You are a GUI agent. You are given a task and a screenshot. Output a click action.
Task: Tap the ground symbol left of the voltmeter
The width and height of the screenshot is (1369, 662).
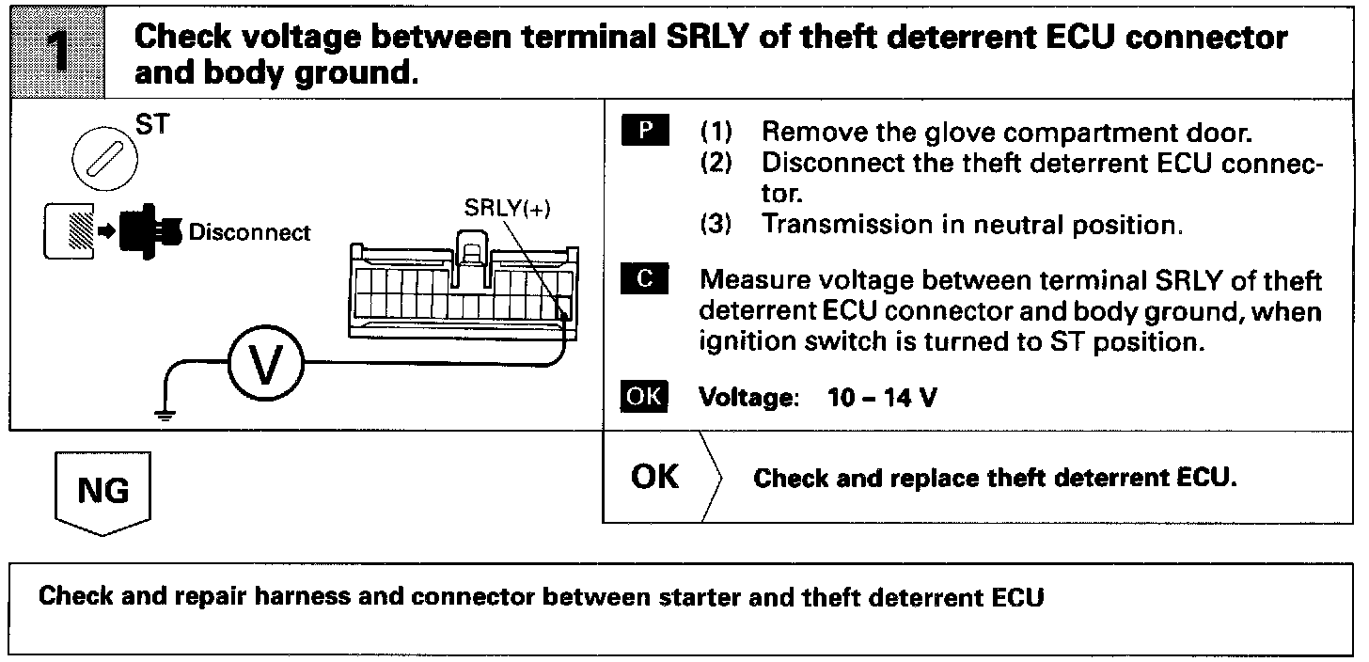pyautogui.click(x=165, y=415)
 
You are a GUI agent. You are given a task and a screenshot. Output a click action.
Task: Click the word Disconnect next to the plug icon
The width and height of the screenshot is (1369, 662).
pyautogui.click(x=249, y=231)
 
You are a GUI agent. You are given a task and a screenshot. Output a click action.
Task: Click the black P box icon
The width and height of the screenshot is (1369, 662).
pyautogui.click(x=644, y=130)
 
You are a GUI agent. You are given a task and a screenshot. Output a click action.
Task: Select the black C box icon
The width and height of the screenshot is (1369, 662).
pyautogui.click(x=644, y=281)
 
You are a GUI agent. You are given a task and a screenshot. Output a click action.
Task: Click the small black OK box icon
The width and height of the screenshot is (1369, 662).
pyautogui.click(x=644, y=397)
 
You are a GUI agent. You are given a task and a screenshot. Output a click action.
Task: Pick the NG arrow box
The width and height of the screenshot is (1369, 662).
pyautogui.click(x=103, y=492)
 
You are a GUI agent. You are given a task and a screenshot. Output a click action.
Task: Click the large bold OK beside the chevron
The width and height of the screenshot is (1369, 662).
pyautogui.click(x=654, y=477)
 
